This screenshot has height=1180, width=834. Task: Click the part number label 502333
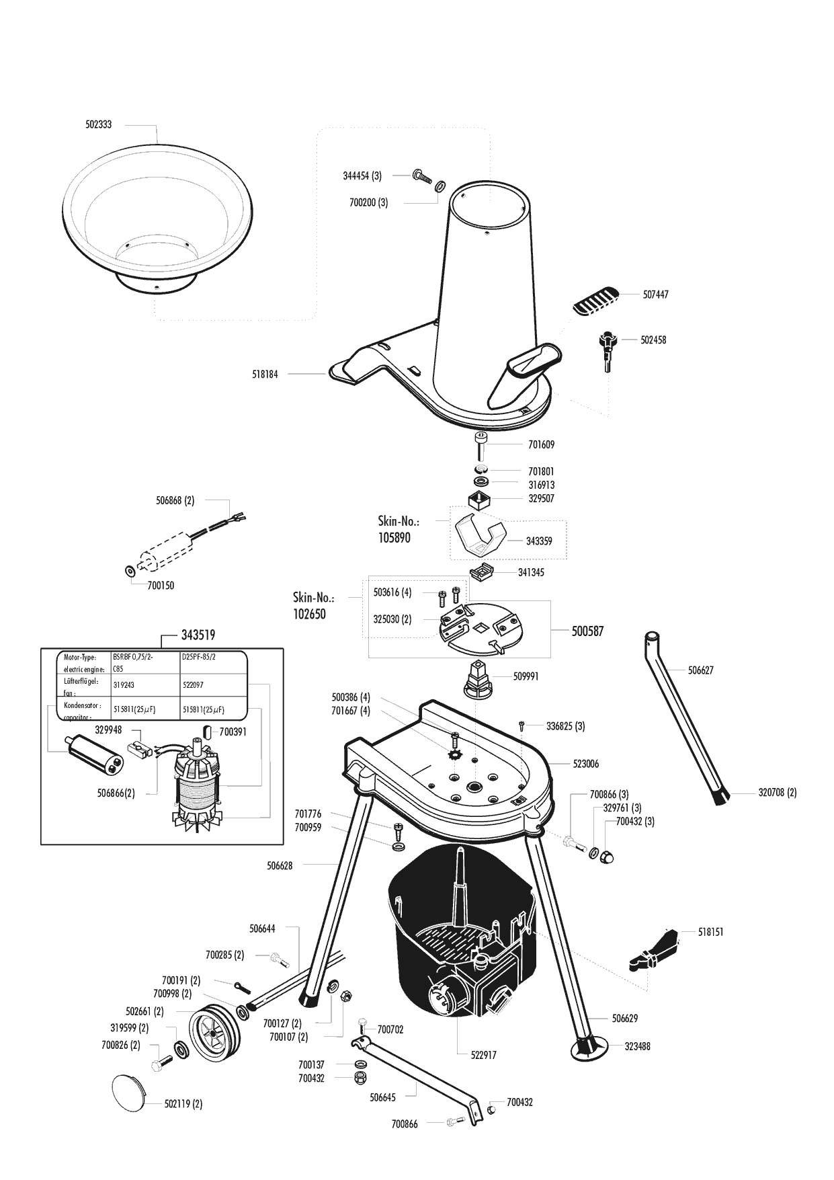pos(98,125)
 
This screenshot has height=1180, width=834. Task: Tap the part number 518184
pos(264,373)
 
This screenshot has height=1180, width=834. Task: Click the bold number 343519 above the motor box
pos(198,635)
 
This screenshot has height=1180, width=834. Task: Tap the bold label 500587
pos(587,631)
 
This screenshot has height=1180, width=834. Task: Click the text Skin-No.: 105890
pos(399,529)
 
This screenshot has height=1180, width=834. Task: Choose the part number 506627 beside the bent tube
pos(700,670)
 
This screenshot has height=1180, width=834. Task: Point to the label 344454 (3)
pos(362,176)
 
